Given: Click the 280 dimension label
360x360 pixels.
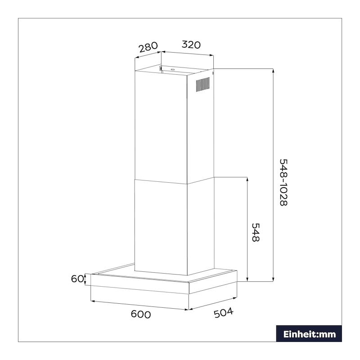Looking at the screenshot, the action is (148, 47).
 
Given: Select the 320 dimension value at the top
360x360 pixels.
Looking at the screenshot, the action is (191, 45).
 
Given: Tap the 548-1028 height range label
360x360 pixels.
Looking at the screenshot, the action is (283, 183).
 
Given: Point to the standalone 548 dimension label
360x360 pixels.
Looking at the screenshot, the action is (256, 232).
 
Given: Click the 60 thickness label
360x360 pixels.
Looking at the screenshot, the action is (77, 279).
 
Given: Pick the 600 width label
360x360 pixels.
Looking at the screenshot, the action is (141, 314).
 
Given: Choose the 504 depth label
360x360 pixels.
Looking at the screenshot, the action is (224, 313).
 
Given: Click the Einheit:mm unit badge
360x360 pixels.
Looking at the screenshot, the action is (309, 334).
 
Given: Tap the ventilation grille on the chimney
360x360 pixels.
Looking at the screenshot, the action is (202, 85).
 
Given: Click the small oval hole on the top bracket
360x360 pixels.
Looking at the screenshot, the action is (173, 70).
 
